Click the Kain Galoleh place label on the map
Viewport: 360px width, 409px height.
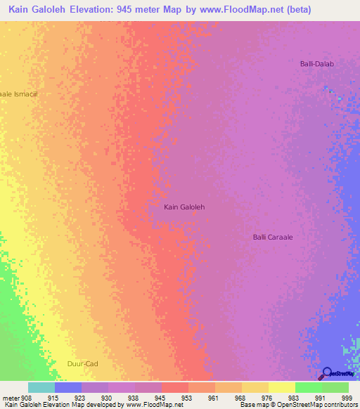tap(184, 207)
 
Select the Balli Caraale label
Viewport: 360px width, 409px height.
tap(273, 237)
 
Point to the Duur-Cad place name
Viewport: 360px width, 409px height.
tap(81, 363)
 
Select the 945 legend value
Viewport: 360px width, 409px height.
tap(161, 398)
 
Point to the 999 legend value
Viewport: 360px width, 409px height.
tap(347, 398)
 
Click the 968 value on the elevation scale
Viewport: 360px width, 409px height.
tap(241, 398)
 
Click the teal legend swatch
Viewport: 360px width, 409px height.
tap(41, 387)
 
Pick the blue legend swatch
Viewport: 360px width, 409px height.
tap(68, 387)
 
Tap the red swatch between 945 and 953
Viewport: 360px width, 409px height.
tap(174, 387)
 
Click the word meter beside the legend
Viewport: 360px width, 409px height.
tap(11, 398)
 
